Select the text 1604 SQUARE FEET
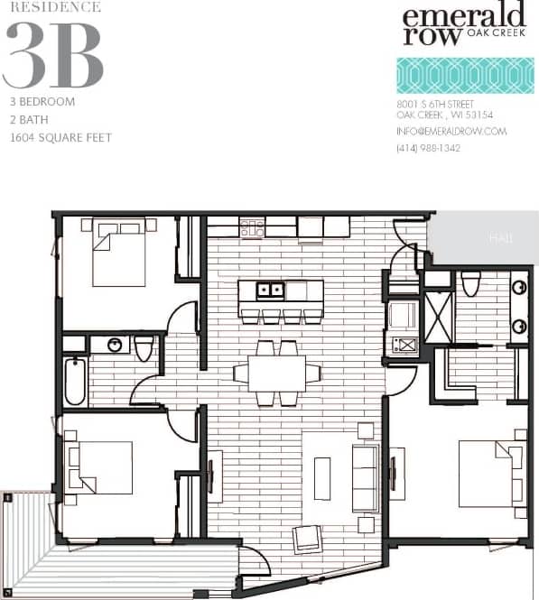(61, 138)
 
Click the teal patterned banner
(465, 76)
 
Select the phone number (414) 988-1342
(428, 148)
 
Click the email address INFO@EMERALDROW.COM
(451, 132)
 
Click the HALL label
(501, 238)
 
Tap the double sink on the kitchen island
(269, 291)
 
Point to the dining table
(276, 372)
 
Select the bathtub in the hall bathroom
(75, 381)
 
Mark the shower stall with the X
(439, 317)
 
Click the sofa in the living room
(365, 478)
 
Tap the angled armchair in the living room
(308, 539)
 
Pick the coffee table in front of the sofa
(322, 478)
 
